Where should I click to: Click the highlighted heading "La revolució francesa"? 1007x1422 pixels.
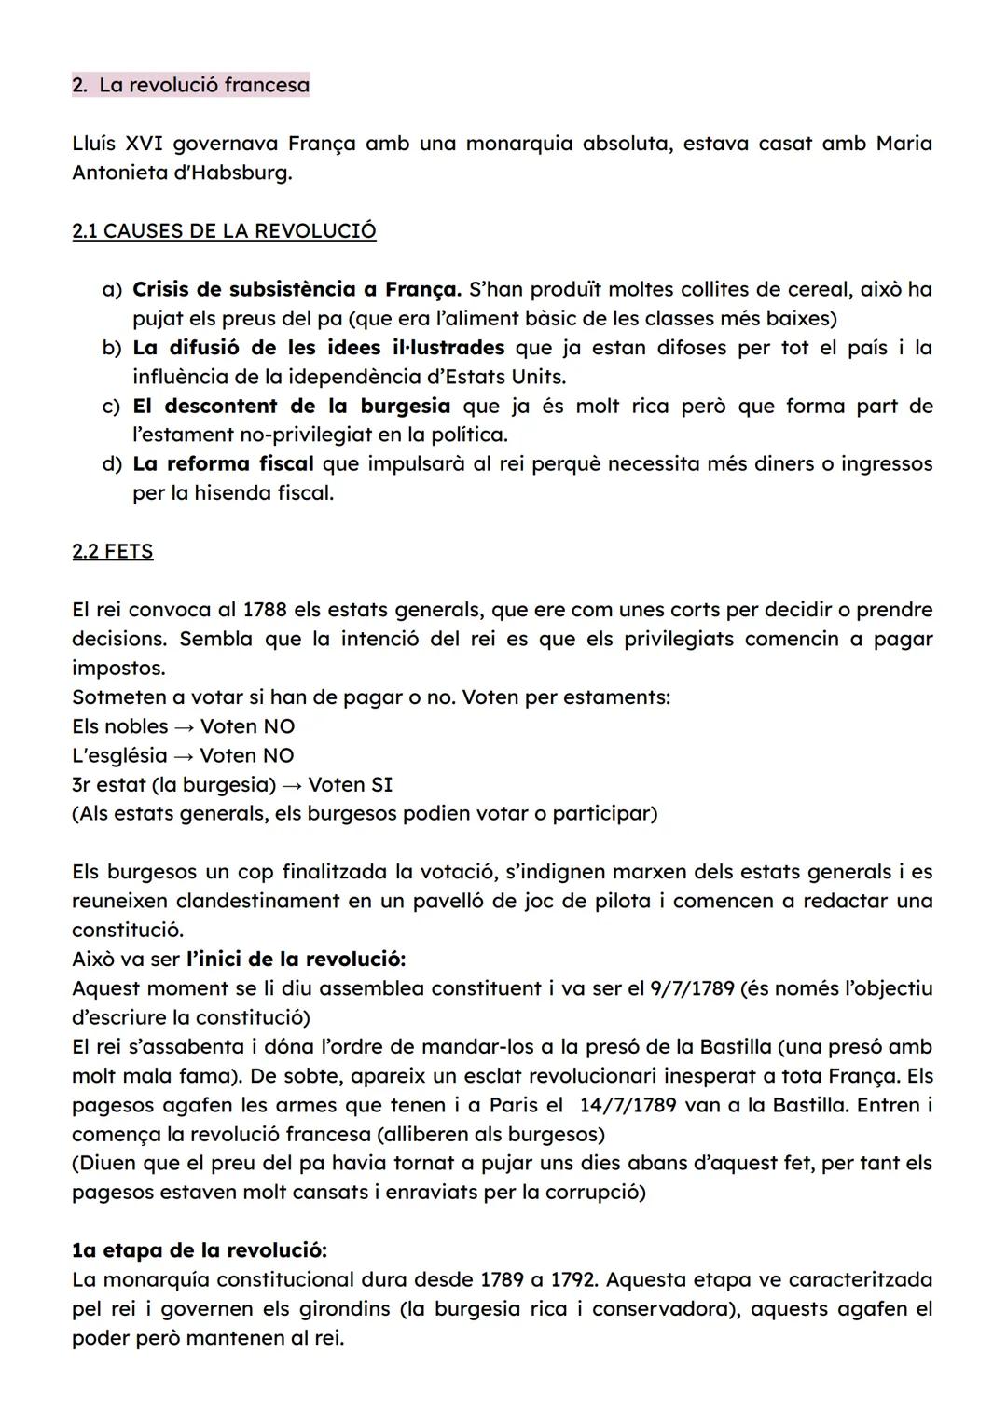click(x=203, y=86)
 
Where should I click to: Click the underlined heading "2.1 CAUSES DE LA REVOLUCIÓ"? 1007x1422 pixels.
click(x=224, y=231)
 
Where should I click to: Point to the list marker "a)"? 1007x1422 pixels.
click(x=112, y=289)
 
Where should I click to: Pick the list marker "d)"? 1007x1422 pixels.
click(x=112, y=463)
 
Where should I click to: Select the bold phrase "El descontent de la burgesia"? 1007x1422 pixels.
click(x=291, y=406)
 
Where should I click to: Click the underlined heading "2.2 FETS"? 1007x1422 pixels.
click(x=112, y=551)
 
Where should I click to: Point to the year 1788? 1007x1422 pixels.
click(x=264, y=610)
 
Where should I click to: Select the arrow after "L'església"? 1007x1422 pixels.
click(x=184, y=755)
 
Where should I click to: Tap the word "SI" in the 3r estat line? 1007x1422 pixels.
click(x=381, y=784)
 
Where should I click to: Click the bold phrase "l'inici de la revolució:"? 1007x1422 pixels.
click(x=296, y=959)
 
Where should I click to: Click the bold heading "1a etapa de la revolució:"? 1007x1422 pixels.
click(x=199, y=1250)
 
